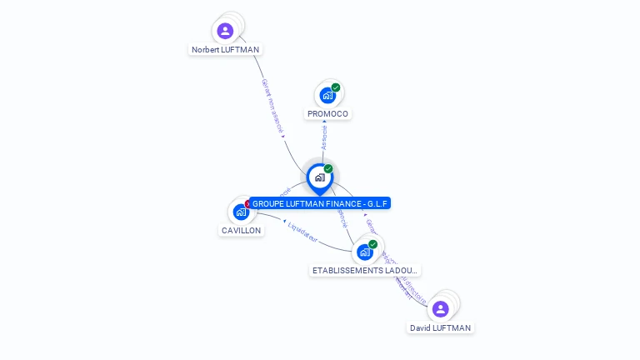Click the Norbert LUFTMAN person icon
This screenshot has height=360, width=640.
click(225, 32)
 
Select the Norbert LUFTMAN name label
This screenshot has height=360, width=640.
click(225, 50)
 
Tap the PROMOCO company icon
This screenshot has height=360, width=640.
click(327, 95)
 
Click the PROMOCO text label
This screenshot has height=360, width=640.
click(327, 113)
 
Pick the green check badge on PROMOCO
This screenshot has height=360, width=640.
click(336, 87)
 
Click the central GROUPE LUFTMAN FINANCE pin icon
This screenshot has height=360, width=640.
click(319, 177)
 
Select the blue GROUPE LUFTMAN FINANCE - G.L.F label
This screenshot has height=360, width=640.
click(321, 203)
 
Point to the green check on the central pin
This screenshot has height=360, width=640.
click(328, 168)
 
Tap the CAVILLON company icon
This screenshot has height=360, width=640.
click(242, 212)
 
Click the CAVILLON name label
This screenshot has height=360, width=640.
click(241, 230)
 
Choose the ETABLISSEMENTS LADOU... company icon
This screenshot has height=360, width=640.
click(364, 252)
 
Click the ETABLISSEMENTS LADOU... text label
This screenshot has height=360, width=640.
click(366, 271)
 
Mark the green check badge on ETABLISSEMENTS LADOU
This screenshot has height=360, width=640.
click(372, 244)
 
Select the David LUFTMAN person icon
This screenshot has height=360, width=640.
click(441, 309)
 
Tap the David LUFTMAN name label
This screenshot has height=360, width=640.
click(441, 327)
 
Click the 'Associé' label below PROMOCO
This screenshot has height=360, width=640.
click(324, 137)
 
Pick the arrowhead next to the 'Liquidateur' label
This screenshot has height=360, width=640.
click(283, 222)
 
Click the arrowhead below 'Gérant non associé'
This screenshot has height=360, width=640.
click(283, 136)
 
